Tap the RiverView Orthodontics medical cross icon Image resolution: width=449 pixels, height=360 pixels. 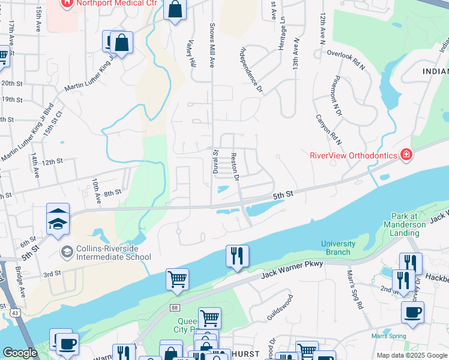[x=407, y=155]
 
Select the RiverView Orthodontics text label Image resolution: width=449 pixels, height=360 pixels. [x=354, y=155]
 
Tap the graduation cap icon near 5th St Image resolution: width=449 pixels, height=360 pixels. [x=58, y=223]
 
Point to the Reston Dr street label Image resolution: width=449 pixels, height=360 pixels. [x=235, y=167]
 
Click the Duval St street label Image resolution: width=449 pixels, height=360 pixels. [x=215, y=161]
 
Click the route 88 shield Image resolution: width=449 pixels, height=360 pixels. [x=175, y=308]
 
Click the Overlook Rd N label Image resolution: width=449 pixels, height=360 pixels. [x=346, y=59]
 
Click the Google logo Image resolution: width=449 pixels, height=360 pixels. [x=20, y=353]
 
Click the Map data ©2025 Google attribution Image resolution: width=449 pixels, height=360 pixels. [x=411, y=355]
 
